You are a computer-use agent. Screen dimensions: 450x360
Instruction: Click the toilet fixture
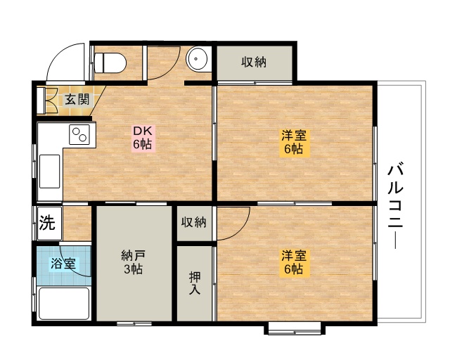(x=110, y=63)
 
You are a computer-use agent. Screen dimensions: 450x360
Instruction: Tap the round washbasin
(x=197, y=58)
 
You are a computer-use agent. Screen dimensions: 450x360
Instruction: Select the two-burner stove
(x=79, y=134)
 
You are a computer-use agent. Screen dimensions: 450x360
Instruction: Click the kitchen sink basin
(x=50, y=172)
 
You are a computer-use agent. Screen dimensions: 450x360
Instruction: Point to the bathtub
(x=64, y=304)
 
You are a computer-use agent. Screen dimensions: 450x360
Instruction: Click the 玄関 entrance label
(x=77, y=100)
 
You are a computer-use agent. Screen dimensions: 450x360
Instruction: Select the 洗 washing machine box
(x=47, y=223)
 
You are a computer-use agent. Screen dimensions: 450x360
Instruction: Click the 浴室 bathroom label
(x=63, y=263)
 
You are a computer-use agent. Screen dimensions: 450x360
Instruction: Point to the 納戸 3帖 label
(x=134, y=262)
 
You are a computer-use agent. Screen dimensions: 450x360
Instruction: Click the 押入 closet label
(x=195, y=283)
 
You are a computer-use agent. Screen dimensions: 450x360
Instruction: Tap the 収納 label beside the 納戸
(x=194, y=222)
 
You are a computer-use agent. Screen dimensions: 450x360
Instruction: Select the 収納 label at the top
(x=254, y=62)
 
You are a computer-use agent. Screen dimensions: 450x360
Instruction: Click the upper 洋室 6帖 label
(x=295, y=142)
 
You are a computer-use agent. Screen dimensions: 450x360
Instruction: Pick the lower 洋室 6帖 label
(x=295, y=262)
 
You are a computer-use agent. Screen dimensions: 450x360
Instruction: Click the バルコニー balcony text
(x=396, y=205)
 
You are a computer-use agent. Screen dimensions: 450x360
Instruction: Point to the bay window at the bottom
(x=295, y=328)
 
